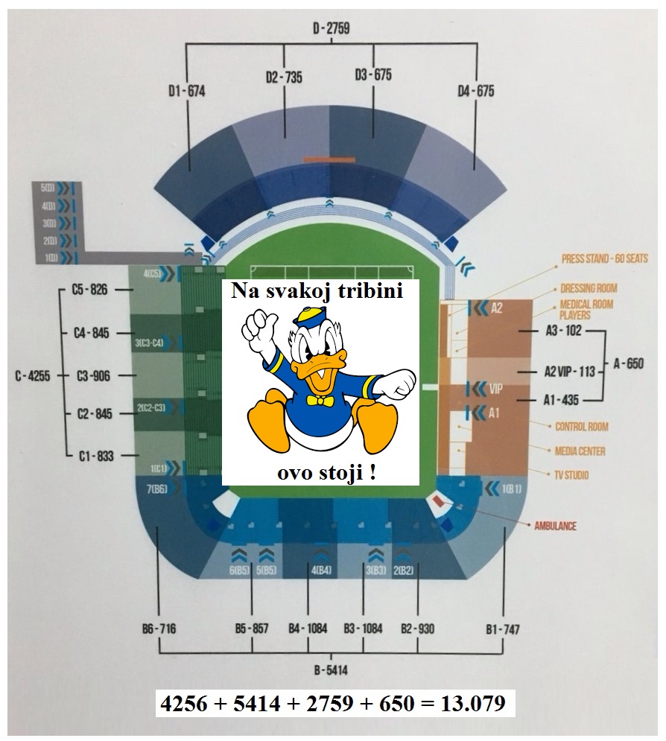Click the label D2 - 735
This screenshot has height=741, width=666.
click(x=284, y=77)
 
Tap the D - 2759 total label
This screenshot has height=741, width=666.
click(x=331, y=29)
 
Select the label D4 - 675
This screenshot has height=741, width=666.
click(x=476, y=91)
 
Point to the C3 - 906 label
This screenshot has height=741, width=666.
click(x=93, y=376)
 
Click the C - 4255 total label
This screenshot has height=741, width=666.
click(x=32, y=376)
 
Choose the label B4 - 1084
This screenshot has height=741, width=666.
click(x=308, y=629)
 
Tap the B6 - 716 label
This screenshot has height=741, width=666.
click(x=159, y=629)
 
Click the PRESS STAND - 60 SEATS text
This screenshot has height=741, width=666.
click(x=604, y=259)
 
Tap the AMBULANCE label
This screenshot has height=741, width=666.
click(x=555, y=526)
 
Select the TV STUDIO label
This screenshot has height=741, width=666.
click(x=571, y=475)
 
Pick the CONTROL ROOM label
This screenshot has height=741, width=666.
click(x=581, y=427)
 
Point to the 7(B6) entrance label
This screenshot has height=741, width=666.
click(x=156, y=489)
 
